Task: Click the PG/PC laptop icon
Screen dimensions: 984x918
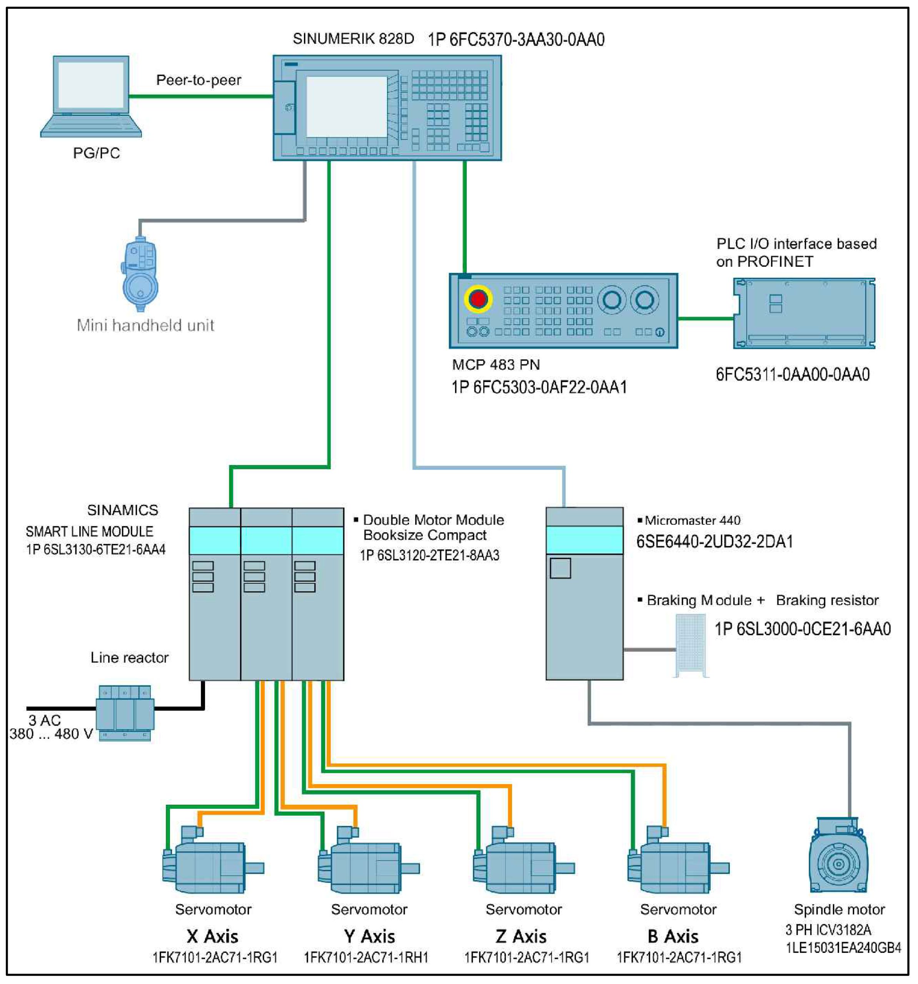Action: pos(91,96)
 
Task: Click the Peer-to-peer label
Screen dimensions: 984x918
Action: pos(199,80)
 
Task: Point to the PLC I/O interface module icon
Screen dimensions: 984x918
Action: pos(804,313)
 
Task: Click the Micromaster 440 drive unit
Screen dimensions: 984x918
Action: pos(584,593)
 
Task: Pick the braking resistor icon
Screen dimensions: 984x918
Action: pos(691,645)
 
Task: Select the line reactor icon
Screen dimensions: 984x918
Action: pos(125,713)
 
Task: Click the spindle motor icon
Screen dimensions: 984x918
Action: pos(838,862)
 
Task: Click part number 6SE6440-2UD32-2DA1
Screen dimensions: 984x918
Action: pos(714,542)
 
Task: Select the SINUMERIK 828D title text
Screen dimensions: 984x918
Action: pos(353,39)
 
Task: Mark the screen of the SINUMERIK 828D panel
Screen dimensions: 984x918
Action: pos(346,106)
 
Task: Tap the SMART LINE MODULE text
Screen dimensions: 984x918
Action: pos(89,532)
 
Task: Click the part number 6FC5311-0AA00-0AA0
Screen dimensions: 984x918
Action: pos(792,375)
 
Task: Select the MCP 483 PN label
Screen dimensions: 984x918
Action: pos(496,365)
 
